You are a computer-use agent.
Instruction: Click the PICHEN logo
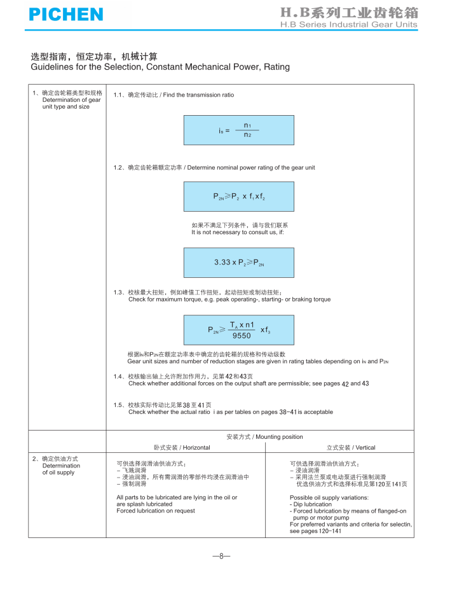[65, 14]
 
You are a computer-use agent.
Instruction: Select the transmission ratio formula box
[238, 130]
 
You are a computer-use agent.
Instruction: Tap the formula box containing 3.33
[238, 263]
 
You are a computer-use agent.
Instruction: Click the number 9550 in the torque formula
[242, 336]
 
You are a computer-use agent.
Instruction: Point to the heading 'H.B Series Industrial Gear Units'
[349, 25]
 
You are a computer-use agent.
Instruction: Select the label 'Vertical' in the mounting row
[361, 448]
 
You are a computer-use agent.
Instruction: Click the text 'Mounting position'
[278, 437]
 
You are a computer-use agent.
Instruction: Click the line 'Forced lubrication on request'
[156, 511]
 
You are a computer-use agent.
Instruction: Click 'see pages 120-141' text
[315, 531]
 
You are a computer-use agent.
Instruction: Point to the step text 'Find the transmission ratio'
[198, 95]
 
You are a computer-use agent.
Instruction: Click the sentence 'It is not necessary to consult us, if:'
[238, 232]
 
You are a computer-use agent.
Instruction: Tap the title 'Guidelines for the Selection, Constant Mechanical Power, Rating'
[160, 67]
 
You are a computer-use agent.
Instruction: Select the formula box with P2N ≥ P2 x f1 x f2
[238, 197]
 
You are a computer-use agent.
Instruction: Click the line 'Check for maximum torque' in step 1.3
[229, 299]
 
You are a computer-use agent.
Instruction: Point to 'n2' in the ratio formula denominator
[247, 135]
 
